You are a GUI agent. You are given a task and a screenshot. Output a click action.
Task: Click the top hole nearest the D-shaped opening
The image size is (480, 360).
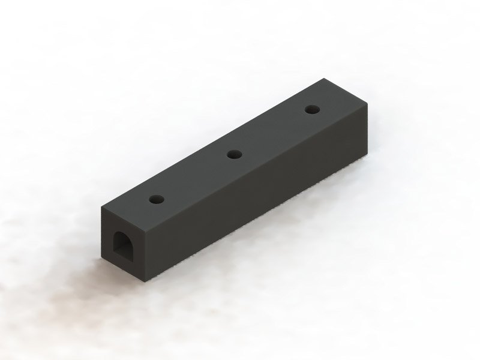(157, 198)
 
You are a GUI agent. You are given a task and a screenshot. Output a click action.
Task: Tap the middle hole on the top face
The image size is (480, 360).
(234, 155)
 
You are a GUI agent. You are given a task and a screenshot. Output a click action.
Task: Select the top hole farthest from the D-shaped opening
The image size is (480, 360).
(311, 109)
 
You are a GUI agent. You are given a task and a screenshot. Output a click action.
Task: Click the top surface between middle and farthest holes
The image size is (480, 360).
(273, 132)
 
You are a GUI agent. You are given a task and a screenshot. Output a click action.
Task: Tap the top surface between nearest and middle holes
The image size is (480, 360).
(196, 176)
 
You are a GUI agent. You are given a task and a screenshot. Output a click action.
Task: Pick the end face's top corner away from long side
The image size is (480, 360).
(101, 208)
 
